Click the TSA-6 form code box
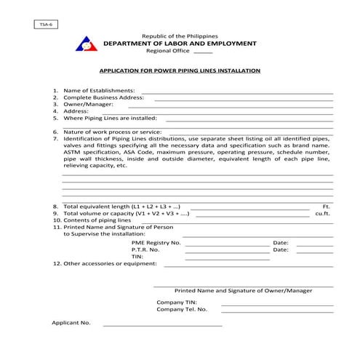click(43, 25)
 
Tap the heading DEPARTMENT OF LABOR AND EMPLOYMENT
click(180, 44)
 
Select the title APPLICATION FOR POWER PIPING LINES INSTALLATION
click(180, 71)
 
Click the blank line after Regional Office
click(204, 52)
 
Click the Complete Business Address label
click(103, 97)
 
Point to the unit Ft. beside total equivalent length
click(326, 207)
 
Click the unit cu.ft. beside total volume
click(322, 214)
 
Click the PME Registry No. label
click(156, 242)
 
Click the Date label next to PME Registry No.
click(281, 242)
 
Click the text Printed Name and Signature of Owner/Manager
click(243, 290)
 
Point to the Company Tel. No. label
click(182, 308)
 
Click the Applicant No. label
click(71, 322)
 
